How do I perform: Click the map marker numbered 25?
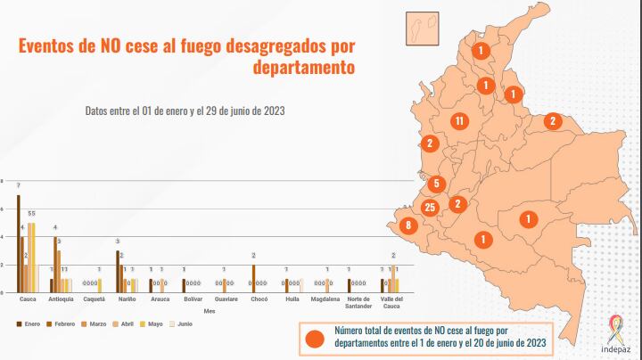tap(430, 208)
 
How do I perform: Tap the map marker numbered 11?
tap(459, 121)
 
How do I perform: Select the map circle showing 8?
tap(408, 226)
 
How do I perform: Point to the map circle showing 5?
tap(436, 184)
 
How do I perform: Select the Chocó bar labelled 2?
tap(253, 279)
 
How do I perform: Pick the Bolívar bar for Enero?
tap(184, 286)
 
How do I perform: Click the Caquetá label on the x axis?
tap(93, 299)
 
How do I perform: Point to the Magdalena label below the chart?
tap(325, 299)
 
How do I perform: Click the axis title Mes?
tap(210, 310)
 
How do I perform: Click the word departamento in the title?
tap(304, 68)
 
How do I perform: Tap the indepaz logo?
tap(616, 334)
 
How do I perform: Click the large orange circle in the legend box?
tap(314, 337)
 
